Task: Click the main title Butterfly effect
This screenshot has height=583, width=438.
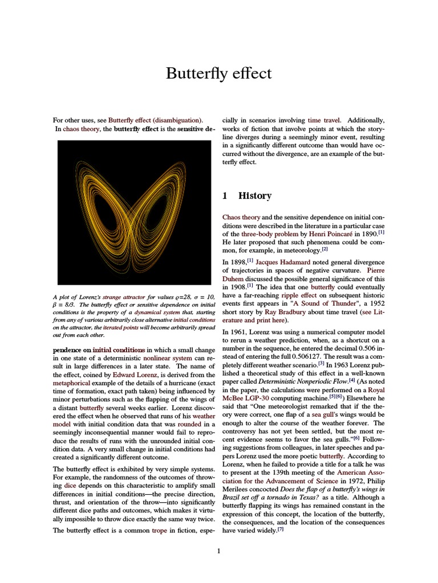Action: [218, 73]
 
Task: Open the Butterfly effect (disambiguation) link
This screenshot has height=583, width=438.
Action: [155, 120]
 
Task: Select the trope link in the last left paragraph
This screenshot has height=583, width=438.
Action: [159, 530]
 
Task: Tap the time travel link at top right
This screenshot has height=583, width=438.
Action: [324, 120]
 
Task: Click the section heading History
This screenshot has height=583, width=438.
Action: [254, 196]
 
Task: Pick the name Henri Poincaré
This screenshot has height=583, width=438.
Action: [324, 233]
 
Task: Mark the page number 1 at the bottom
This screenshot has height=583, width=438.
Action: [218, 551]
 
